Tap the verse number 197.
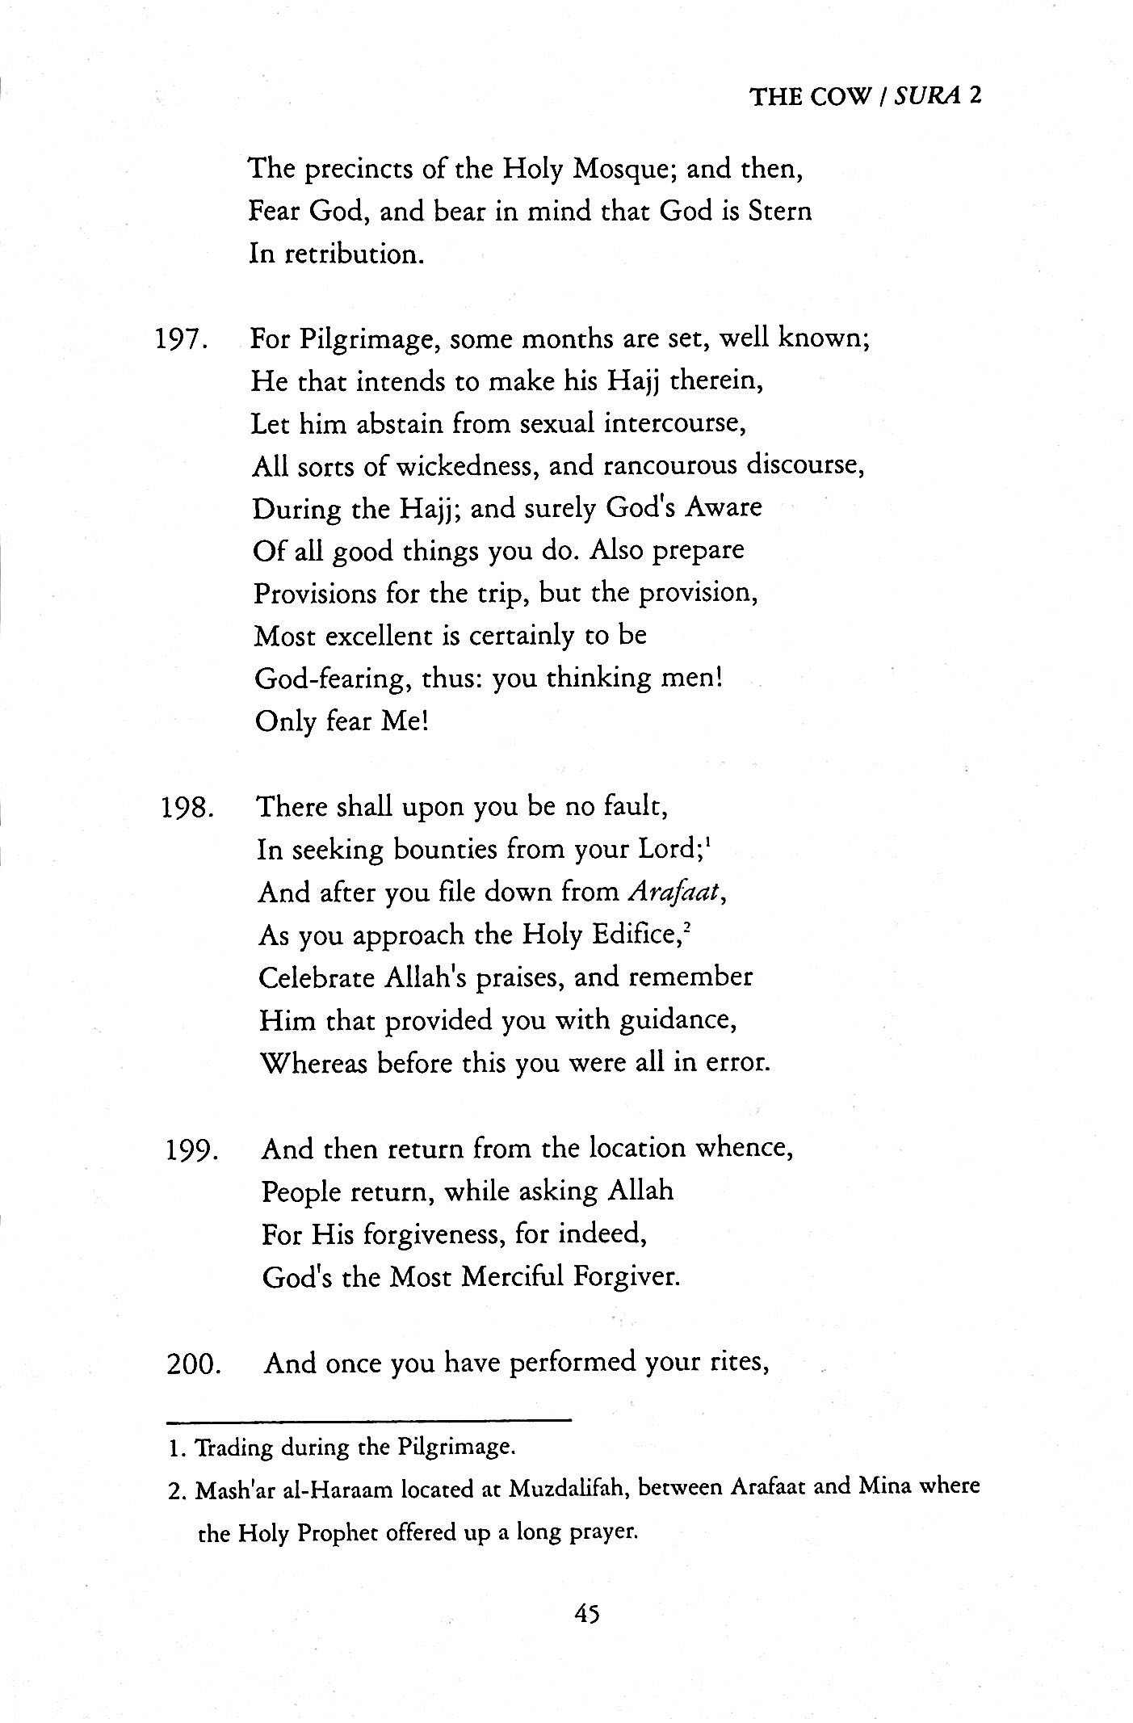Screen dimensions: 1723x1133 click(x=183, y=339)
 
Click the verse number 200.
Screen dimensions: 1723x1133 click(x=193, y=1364)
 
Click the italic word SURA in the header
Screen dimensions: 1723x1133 click(x=931, y=97)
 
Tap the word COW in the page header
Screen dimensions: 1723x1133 click(x=841, y=97)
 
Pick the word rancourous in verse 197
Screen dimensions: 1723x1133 click(x=669, y=466)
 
